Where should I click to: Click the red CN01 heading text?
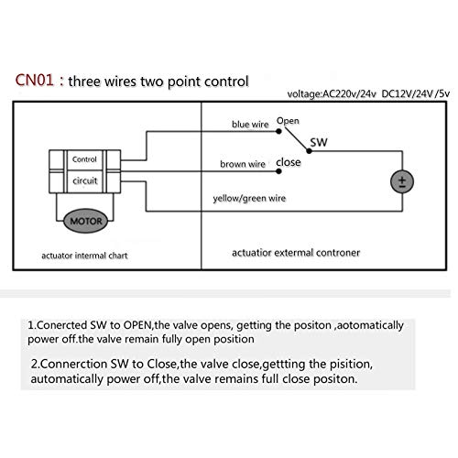35,81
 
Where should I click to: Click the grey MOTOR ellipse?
86,221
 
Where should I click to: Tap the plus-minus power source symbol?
402,181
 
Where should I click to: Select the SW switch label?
319,142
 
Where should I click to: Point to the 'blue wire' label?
250,125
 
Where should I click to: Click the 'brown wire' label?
243,164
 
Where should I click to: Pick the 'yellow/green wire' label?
249,199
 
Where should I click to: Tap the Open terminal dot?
278,131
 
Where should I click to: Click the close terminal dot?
278,171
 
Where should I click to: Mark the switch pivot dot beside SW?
309,151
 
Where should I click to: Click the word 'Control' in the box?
84,159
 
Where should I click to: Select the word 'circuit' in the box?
85,180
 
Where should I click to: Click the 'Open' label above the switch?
288,121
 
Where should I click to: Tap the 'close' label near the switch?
289,162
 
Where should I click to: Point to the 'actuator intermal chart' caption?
84,256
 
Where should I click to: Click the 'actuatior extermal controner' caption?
296,253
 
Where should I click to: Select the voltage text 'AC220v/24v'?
349,94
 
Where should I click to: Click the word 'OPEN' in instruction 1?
137,325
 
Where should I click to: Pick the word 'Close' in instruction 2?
161,364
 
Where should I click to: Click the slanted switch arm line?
296,139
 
